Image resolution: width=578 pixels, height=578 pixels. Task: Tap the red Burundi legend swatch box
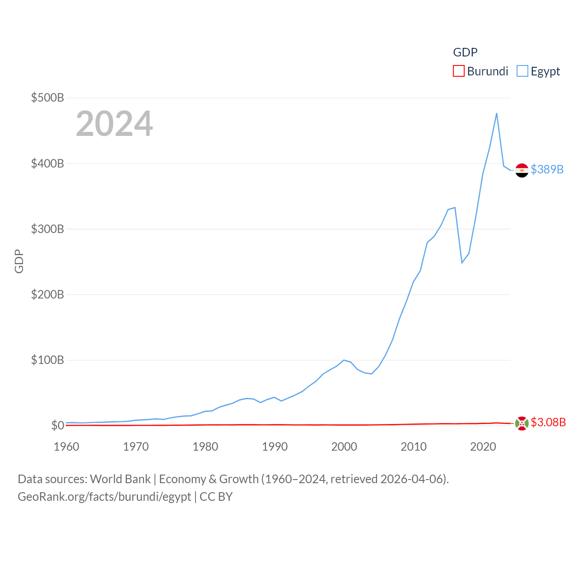(459, 71)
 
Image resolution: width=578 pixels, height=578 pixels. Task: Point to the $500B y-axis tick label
(47, 98)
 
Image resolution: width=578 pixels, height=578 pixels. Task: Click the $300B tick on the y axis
(47, 229)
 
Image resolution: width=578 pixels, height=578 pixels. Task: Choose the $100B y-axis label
(47, 360)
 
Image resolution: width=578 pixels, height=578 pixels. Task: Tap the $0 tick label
(57, 425)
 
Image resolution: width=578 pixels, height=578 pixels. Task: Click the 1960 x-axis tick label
(66, 447)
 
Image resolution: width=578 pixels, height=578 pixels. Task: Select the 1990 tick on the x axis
(275, 447)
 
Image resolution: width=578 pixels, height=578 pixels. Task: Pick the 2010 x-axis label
(414, 447)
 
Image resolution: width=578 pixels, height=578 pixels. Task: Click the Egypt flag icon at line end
(522, 170)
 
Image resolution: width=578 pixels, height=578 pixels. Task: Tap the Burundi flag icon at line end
(522, 424)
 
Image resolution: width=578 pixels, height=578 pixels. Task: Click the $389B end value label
(547, 169)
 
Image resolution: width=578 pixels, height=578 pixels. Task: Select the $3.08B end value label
(548, 422)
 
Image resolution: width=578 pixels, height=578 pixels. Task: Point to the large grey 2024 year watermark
(114, 124)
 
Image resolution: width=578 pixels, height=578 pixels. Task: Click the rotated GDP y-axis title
(19, 261)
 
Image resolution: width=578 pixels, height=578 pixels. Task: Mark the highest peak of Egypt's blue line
(497, 113)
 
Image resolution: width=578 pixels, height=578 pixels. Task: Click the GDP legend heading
(465, 52)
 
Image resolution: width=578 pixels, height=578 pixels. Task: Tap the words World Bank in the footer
(121, 479)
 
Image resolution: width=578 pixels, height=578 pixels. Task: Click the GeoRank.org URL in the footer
(104, 497)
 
